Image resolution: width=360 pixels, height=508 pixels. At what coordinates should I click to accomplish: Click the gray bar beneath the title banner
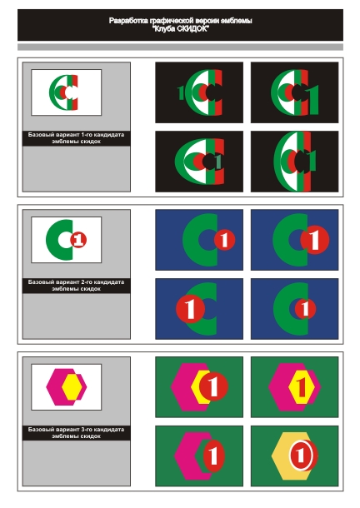(x=180, y=47)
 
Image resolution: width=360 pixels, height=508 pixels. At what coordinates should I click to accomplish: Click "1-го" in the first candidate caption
(x=87, y=134)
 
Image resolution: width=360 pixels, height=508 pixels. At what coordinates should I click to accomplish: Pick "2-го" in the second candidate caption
(x=87, y=281)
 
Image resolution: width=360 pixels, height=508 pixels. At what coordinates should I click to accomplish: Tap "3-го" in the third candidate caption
(x=87, y=429)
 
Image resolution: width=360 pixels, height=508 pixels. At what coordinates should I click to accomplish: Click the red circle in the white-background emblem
(x=78, y=240)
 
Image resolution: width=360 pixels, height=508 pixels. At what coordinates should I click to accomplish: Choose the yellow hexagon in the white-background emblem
(x=72, y=386)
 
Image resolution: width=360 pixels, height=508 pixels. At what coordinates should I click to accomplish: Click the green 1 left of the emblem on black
(x=181, y=92)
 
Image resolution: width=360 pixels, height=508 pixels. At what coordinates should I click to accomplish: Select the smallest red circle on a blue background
(x=305, y=308)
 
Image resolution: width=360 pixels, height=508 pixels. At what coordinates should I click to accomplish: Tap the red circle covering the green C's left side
(x=190, y=308)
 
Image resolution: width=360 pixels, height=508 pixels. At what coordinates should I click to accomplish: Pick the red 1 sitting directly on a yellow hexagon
(x=302, y=387)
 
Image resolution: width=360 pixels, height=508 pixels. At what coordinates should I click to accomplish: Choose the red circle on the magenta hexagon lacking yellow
(x=213, y=456)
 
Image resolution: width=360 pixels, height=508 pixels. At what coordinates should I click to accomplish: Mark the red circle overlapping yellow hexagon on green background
(x=213, y=386)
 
